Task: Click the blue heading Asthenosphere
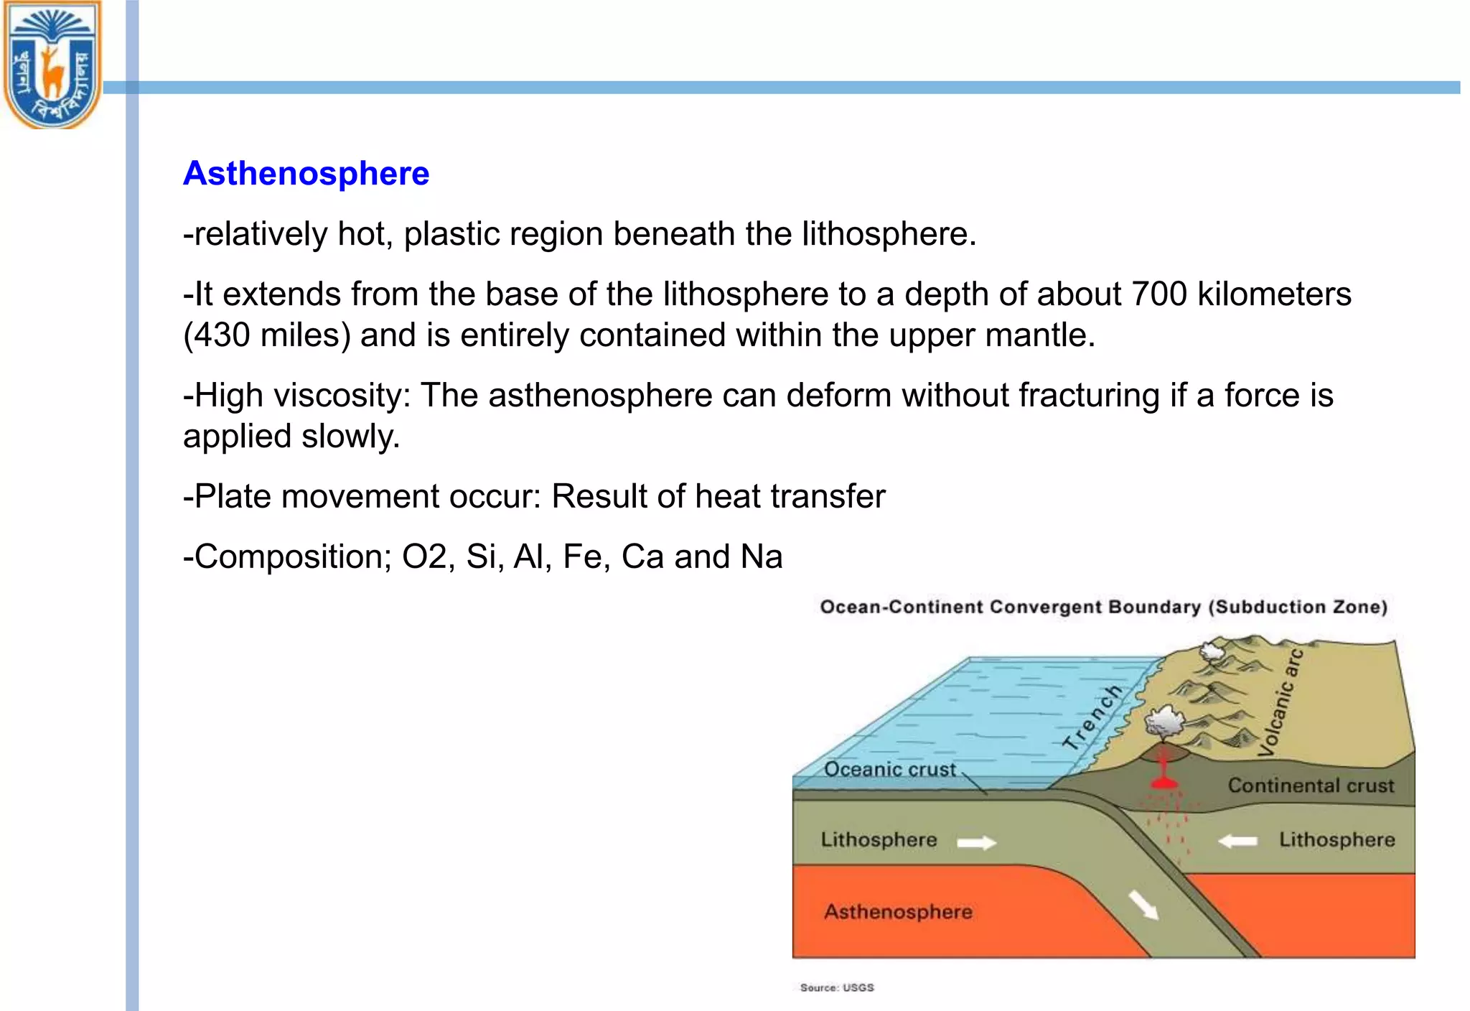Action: click(306, 174)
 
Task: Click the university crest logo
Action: click(52, 65)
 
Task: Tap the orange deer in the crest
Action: click(52, 72)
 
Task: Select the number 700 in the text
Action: click(1158, 294)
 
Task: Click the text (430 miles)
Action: click(267, 335)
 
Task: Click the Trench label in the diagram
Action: click(1092, 718)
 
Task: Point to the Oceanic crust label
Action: click(889, 770)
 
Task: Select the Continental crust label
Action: click(1311, 786)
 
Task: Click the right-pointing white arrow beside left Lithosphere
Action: click(977, 842)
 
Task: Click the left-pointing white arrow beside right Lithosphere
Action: click(1238, 841)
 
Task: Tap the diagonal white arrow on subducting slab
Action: click(1143, 905)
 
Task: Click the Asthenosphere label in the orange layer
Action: click(898, 912)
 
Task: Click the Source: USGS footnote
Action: click(837, 988)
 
